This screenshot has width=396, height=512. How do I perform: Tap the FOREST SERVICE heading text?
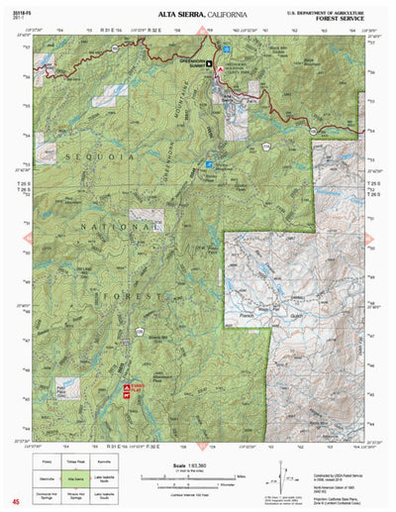point(352,16)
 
